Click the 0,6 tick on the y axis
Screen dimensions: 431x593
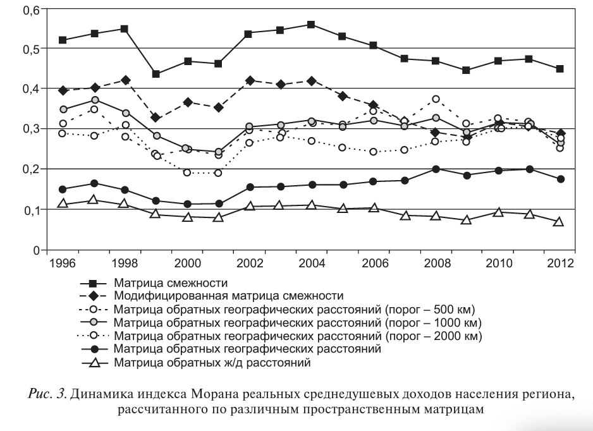click(x=31, y=9)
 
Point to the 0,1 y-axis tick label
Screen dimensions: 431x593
click(x=31, y=210)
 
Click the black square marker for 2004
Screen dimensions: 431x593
click(x=311, y=25)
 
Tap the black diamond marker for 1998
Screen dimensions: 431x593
click(x=125, y=80)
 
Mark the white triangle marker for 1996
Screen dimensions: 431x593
click(x=63, y=203)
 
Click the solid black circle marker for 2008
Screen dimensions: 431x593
click(x=436, y=169)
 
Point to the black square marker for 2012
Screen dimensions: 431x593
click(x=559, y=68)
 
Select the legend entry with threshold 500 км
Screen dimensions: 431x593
click(x=293, y=309)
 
